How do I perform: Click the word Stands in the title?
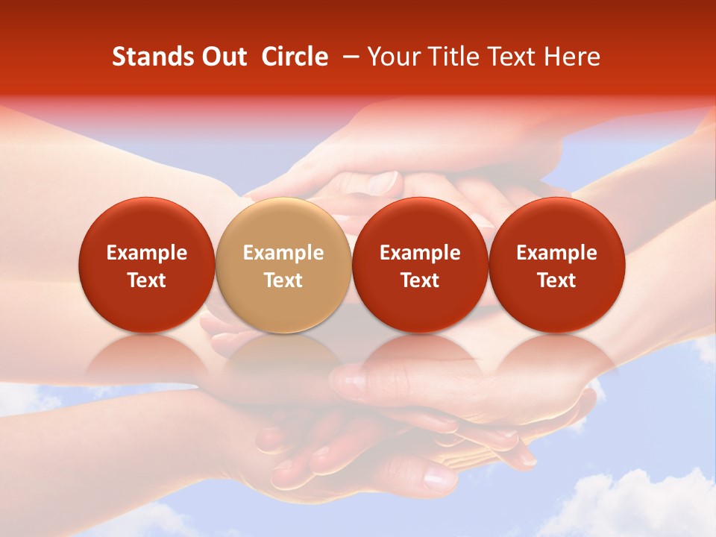point(146,57)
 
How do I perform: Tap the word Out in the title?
point(222,57)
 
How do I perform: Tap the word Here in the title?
point(572,57)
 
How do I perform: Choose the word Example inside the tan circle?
point(283,253)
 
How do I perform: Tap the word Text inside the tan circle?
point(283,280)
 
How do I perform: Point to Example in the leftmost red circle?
point(146,253)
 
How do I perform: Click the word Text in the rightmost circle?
point(556,280)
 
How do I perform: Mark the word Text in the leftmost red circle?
point(146,280)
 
